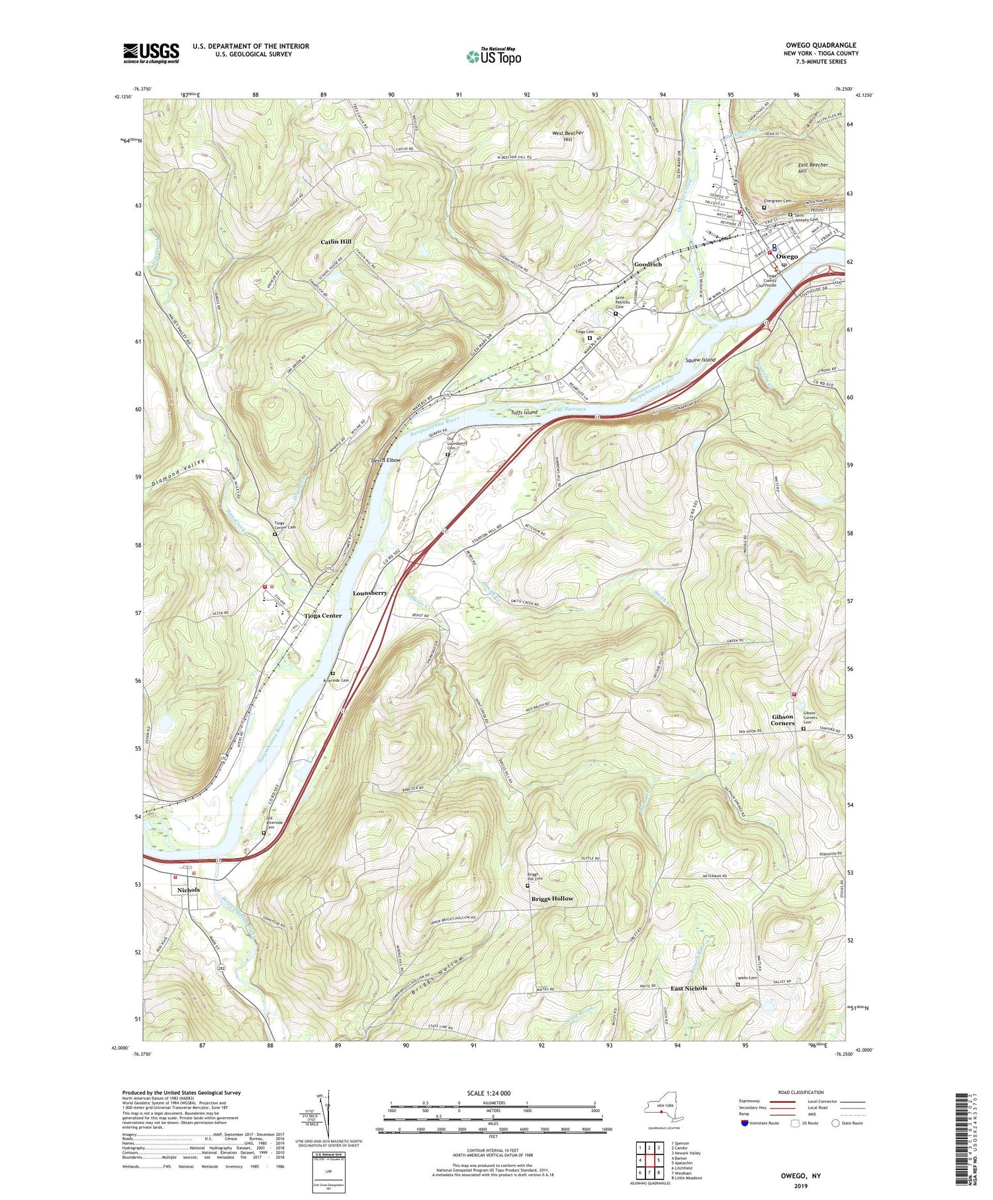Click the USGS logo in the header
[x=151, y=53]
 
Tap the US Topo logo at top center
[x=493, y=56]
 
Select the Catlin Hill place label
[x=336, y=242]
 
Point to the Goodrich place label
[x=647, y=264]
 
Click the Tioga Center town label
[x=323, y=616]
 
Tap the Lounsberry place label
[x=370, y=593]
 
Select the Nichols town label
[x=189, y=890]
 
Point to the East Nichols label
[x=688, y=988]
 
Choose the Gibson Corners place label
[x=782, y=719]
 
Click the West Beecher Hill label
[x=568, y=136]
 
